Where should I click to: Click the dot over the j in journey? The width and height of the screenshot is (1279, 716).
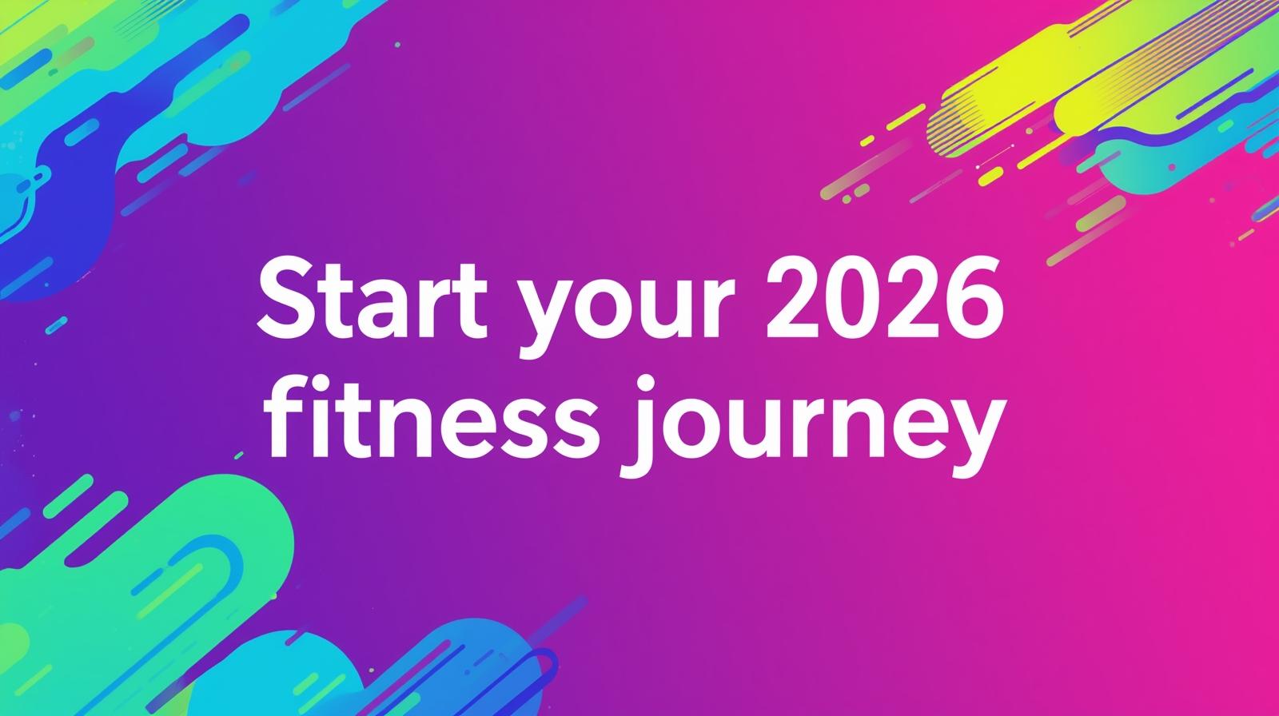coord(647,386)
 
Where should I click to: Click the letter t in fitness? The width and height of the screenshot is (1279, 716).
coord(365,423)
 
